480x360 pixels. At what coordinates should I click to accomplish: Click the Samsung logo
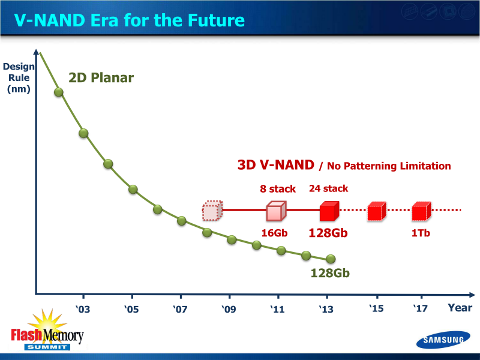(x=441, y=340)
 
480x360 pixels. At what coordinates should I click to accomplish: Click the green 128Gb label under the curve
(x=329, y=273)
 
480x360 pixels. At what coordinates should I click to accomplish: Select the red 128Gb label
(x=328, y=233)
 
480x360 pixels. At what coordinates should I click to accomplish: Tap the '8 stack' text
(x=277, y=189)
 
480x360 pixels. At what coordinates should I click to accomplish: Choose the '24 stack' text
(x=328, y=188)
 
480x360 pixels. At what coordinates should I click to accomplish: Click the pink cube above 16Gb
(x=275, y=211)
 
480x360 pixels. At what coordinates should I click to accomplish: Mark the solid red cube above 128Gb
(x=329, y=211)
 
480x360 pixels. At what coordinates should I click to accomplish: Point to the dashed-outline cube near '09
(x=212, y=211)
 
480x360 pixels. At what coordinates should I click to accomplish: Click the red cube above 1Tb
(x=421, y=211)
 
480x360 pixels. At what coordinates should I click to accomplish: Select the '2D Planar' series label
(x=101, y=78)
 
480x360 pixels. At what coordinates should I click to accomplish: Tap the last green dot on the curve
(x=330, y=259)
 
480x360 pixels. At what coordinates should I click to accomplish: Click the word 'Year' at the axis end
(x=459, y=308)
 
